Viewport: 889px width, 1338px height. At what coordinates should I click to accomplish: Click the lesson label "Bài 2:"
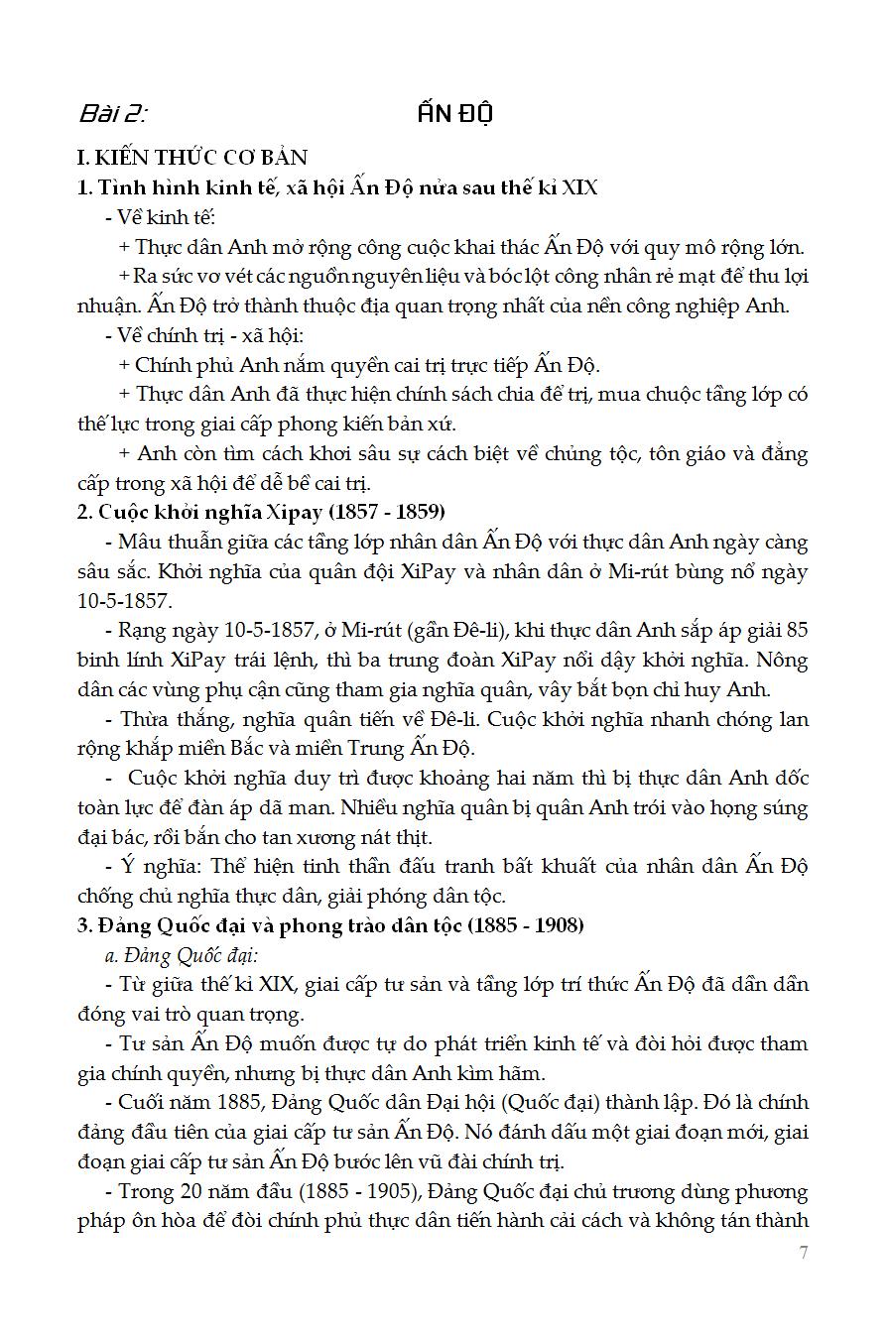click(x=111, y=113)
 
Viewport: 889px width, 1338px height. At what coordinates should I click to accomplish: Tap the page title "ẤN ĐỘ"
click(x=455, y=112)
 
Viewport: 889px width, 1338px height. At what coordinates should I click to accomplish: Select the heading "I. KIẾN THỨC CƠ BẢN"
click(x=192, y=157)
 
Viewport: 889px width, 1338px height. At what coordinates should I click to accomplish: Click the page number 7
click(x=803, y=1252)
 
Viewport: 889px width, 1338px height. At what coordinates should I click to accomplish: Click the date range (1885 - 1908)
click(x=526, y=925)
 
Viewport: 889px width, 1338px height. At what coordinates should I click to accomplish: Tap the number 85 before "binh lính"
click(x=797, y=630)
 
